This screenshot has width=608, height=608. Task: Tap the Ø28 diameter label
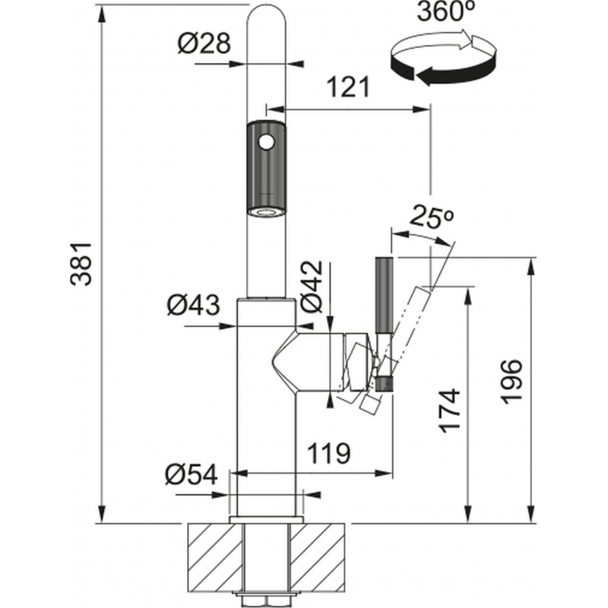[x=204, y=44]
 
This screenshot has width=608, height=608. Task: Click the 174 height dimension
[x=450, y=410]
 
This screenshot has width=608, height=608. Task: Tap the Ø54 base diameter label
[x=191, y=477]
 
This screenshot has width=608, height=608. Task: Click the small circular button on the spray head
[x=265, y=141]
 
